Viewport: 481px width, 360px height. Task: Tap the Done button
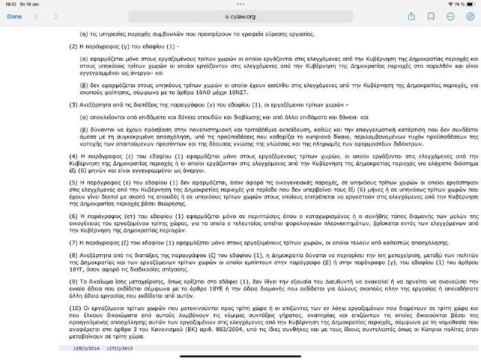tap(14, 16)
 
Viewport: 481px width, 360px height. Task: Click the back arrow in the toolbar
tap(37, 16)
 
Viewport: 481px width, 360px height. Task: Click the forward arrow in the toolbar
tap(56, 16)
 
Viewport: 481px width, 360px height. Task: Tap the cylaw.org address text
tap(242, 17)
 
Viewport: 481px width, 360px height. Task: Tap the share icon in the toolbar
tap(411, 16)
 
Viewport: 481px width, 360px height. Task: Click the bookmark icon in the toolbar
tap(431, 16)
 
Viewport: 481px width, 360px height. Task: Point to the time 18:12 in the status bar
tap(11, 4)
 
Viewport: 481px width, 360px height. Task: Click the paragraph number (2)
tap(74, 46)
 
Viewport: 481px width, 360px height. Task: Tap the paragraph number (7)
tap(74, 242)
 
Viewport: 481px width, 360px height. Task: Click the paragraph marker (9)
tap(74, 280)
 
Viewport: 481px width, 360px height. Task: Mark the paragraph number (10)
tap(75, 308)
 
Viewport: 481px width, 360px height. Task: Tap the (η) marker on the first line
tap(84, 34)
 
